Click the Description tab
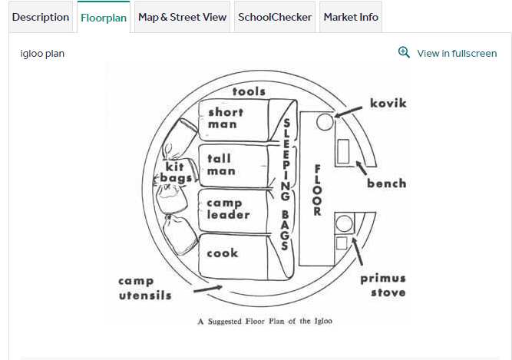[41, 17]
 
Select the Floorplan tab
[104, 17]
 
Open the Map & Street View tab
[182, 17]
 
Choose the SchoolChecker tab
[275, 17]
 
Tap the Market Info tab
[351, 17]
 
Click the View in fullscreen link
[457, 53]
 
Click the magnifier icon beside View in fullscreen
[405, 52]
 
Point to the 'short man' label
[226, 118]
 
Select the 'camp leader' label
[227, 209]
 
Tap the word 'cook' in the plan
[222, 253]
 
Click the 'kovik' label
[388, 103]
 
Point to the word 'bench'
[386, 183]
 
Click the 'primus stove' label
[383, 285]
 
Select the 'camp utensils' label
[145, 288]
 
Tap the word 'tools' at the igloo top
[249, 91]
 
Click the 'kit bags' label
[176, 172]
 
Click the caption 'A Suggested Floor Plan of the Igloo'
[265, 322]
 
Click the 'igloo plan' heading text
[42, 54]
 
